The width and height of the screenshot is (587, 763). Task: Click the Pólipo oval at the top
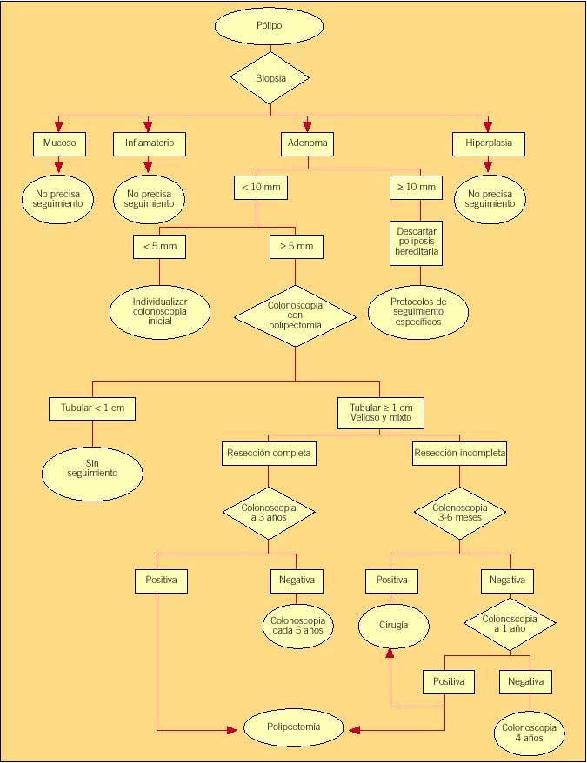[x=269, y=26]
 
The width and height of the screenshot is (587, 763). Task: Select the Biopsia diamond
[x=270, y=78]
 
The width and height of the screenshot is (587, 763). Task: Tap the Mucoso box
[x=60, y=143]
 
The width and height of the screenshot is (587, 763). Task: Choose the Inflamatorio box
[x=149, y=143]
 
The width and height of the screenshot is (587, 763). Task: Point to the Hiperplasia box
[x=489, y=143]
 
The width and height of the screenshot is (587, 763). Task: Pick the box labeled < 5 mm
[x=159, y=247]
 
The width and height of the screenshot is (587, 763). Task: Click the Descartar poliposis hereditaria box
[x=417, y=242]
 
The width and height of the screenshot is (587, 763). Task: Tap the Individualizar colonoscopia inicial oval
[x=159, y=309]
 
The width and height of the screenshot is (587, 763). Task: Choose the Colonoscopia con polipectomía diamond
[x=296, y=315]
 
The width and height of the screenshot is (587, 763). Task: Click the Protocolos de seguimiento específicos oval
[x=417, y=311]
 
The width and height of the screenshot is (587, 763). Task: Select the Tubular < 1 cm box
[x=92, y=408]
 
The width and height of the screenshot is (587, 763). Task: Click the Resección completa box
[x=268, y=453]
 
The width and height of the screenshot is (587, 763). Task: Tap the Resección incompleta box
[x=460, y=453]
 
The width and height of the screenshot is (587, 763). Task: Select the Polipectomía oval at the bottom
[x=294, y=727]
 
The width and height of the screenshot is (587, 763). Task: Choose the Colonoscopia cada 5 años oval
[x=297, y=625]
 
